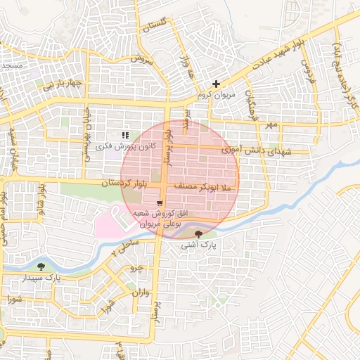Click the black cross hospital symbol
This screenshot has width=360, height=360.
tap(216, 84)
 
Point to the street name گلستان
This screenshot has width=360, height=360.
tap(157, 27)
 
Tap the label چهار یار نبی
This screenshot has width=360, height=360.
tap(61, 86)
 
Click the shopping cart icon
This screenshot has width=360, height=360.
tap(149, 202)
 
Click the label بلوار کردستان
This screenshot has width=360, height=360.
tap(126, 184)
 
